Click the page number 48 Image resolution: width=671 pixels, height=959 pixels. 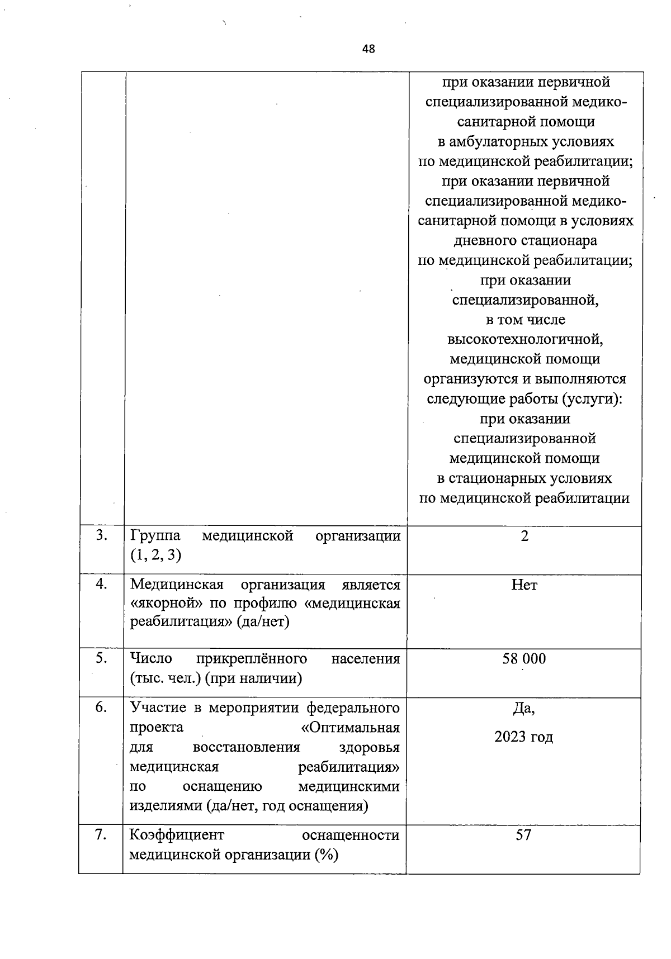pyautogui.click(x=368, y=49)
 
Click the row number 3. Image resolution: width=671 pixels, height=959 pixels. pyautogui.click(x=101, y=535)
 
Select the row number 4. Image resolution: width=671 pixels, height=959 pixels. pyautogui.click(x=101, y=584)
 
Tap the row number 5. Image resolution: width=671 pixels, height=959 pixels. pyautogui.click(x=101, y=658)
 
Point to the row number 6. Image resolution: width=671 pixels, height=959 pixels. pyautogui.click(x=101, y=707)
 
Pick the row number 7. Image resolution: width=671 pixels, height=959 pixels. pyautogui.click(x=101, y=834)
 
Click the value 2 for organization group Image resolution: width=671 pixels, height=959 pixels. pyautogui.click(x=524, y=536)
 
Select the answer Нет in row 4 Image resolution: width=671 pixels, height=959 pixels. pyautogui.click(x=524, y=585)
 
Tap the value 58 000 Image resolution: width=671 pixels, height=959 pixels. pyautogui.click(x=524, y=658)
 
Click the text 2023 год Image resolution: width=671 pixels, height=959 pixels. pyautogui.click(x=524, y=737)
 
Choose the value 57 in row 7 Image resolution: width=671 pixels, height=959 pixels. pyautogui.click(x=523, y=835)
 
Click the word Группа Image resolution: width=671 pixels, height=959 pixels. pyautogui.click(x=155, y=536)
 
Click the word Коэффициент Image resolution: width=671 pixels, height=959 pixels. pyautogui.click(x=177, y=835)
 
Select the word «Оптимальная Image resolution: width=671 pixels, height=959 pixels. pyautogui.click(x=350, y=728)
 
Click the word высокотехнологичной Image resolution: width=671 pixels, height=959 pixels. pyautogui.click(x=525, y=339)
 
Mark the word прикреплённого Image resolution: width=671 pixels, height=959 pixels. pyautogui.click(x=252, y=658)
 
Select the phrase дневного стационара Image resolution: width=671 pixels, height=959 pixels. pyautogui.click(x=524, y=240)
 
